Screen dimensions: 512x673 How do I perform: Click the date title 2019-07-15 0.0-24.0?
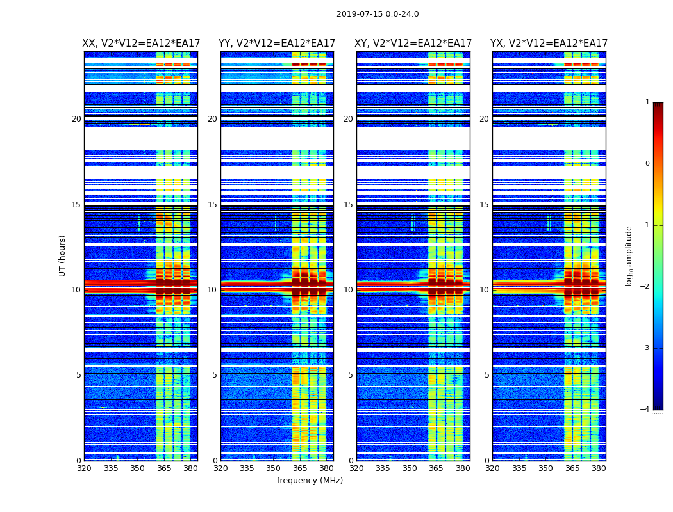coord(378,14)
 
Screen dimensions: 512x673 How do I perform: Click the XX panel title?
coord(141,44)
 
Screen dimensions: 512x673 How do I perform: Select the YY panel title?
coord(277,44)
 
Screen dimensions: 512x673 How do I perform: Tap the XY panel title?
coord(413,44)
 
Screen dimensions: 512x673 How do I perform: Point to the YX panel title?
coord(549,44)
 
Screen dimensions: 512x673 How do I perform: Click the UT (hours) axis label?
coord(62,255)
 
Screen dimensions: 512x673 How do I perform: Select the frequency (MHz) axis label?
coord(310,481)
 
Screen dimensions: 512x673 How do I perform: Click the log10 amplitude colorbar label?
coord(629,255)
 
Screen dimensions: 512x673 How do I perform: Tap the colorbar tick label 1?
coord(647,102)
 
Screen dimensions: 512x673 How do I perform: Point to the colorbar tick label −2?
coord(645,287)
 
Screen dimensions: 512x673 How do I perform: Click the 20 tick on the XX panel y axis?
coord(76,119)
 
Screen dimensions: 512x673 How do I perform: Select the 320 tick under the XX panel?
coord(84,468)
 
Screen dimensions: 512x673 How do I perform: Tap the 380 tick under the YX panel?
coord(599,468)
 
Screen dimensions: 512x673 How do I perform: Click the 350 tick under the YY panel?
coord(274,468)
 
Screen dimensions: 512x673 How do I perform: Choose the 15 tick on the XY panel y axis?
coord(348,205)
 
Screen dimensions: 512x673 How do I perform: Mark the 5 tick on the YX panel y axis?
coord(486,375)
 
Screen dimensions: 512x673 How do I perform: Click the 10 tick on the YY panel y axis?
coord(212,290)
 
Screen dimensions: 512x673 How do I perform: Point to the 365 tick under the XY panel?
coord(436,468)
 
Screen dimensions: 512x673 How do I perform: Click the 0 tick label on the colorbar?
coord(647,164)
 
